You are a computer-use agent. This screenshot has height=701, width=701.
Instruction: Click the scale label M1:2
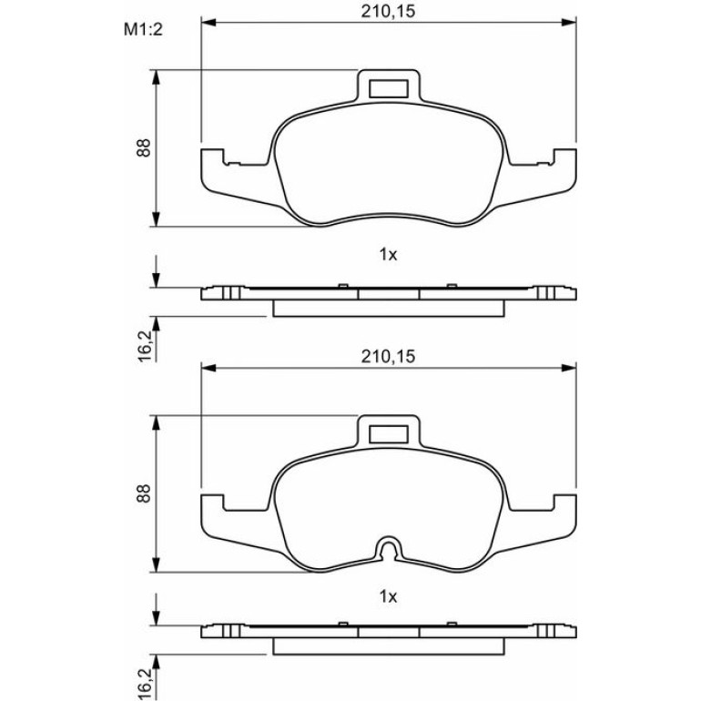(143, 30)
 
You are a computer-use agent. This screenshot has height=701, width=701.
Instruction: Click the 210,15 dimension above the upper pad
(388, 12)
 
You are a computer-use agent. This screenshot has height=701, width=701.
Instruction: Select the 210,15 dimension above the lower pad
(388, 357)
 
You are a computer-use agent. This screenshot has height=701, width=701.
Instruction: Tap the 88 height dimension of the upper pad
(144, 148)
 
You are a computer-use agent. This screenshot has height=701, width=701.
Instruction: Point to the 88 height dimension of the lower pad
(144, 493)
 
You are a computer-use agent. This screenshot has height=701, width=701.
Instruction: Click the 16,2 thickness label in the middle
(145, 347)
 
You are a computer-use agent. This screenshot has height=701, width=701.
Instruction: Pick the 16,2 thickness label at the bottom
(145, 684)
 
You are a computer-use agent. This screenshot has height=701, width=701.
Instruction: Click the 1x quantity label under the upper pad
(388, 255)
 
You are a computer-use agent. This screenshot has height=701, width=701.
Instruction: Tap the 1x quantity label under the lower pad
(388, 596)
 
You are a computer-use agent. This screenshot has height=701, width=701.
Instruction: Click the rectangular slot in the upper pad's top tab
(389, 88)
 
